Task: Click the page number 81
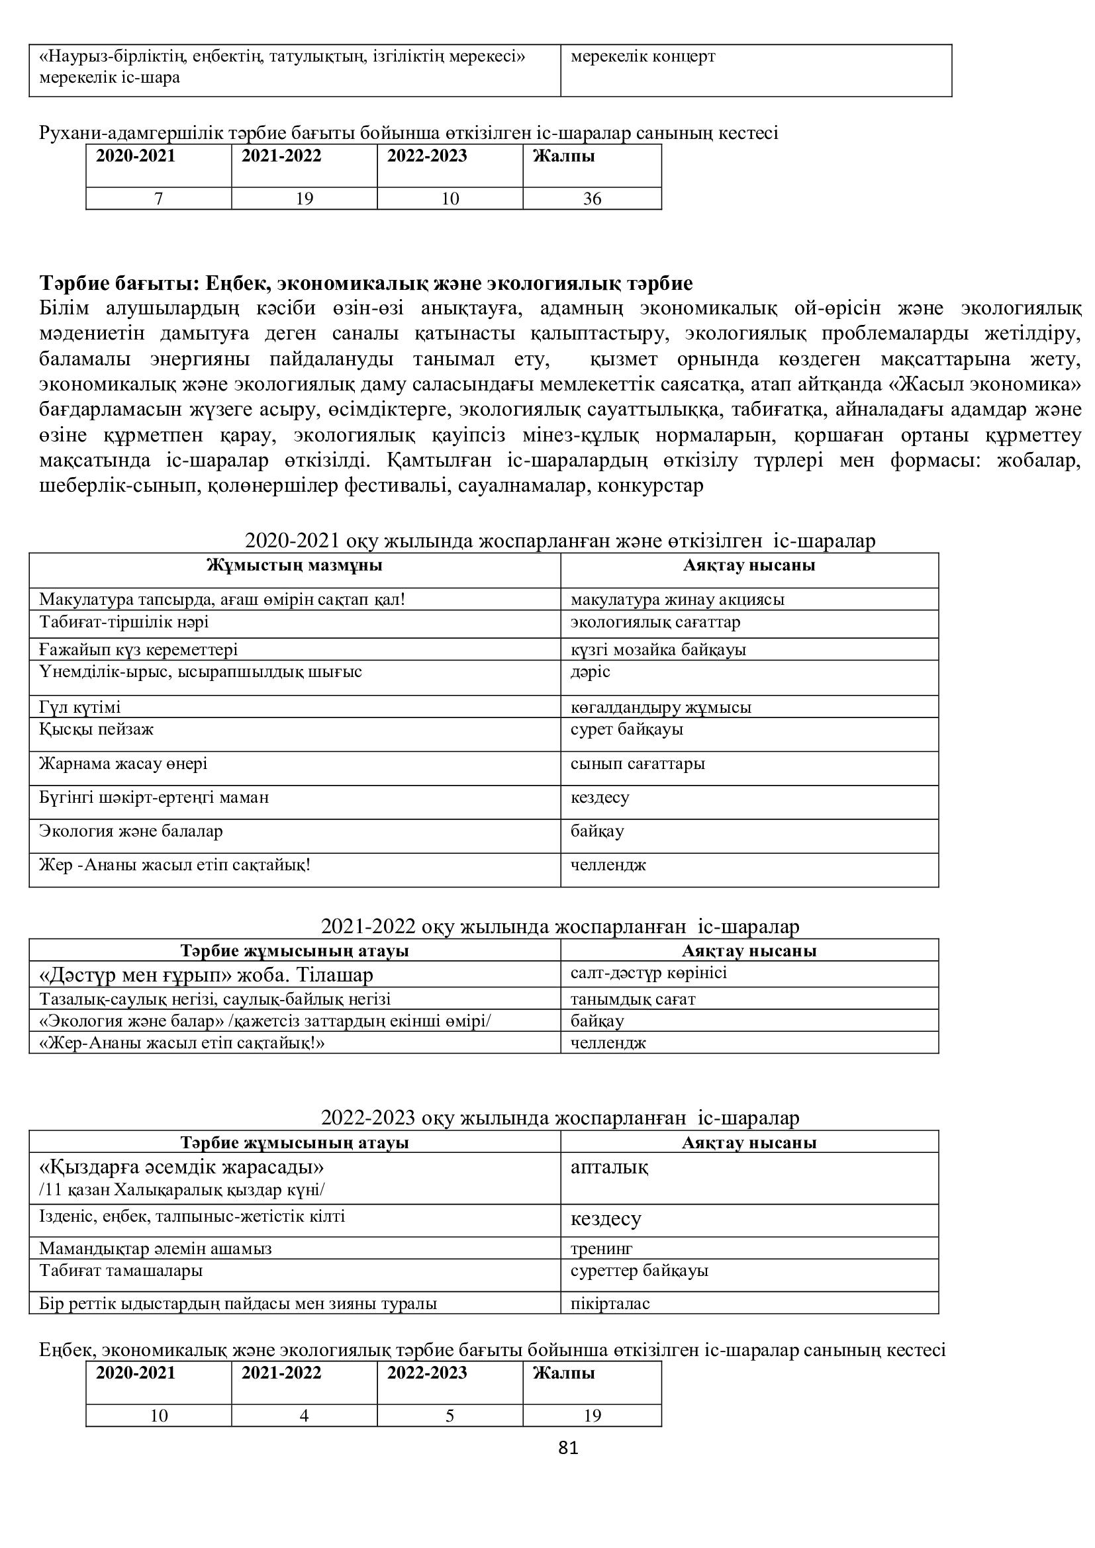(569, 1447)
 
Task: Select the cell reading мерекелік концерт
(643, 57)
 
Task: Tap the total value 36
(592, 199)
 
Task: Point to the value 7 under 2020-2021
(158, 199)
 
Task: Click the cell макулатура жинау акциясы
(677, 600)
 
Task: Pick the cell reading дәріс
(590, 672)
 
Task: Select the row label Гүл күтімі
(80, 707)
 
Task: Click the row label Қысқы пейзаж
(97, 729)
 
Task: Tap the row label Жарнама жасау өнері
(123, 763)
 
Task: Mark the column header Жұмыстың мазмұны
(295, 565)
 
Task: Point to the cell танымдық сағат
(632, 999)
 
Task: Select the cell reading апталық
(609, 1167)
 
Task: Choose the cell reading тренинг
(601, 1248)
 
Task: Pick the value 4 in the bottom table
(304, 1416)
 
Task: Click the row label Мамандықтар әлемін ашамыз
(156, 1248)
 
